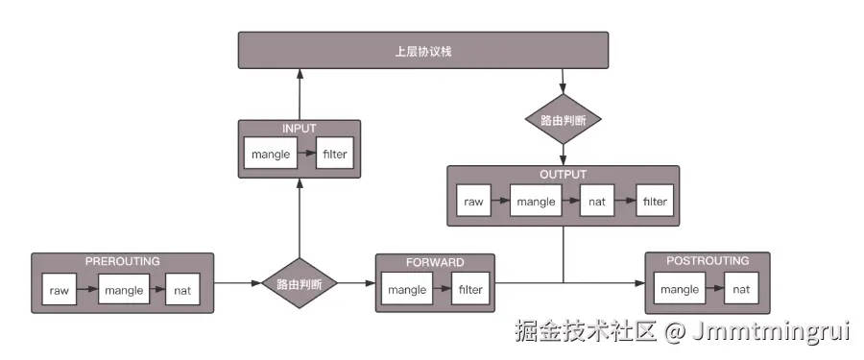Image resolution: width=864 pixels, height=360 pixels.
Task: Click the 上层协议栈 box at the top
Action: tap(422, 51)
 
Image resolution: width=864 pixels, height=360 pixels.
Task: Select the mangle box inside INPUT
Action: tap(270, 154)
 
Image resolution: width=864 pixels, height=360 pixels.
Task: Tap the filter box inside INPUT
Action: tap(334, 154)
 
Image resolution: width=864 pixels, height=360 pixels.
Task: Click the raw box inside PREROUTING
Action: tap(59, 290)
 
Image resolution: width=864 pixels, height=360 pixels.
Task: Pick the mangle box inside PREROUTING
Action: tap(123, 290)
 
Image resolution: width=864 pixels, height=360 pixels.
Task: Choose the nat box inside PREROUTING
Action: tap(182, 290)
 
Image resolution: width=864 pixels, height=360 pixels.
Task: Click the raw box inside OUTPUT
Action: tap(473, 202)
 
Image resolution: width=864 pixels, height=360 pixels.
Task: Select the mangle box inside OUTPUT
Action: tap(536, 202)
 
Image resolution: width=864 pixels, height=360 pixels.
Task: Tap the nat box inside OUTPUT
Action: tap(597, 202)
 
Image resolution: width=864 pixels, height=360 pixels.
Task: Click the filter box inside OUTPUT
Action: tap(655, 202)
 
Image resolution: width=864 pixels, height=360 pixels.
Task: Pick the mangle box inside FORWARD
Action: tap(408, 289)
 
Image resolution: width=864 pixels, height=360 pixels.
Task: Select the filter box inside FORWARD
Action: tap(470, 289)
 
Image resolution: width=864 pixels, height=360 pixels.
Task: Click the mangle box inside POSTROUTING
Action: tap(680, 289)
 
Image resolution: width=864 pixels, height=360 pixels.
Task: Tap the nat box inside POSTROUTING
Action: tap(741, 289)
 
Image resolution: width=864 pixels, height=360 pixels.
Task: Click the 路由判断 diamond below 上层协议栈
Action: tap(564, 120)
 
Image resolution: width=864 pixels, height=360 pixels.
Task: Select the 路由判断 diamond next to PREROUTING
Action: tap(300, 284)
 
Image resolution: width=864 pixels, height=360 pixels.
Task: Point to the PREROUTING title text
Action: tap(122, 262)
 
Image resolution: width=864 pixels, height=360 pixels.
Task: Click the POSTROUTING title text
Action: tap(709, 261)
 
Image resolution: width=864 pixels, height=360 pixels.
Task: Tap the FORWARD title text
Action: tap(434, 262)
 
